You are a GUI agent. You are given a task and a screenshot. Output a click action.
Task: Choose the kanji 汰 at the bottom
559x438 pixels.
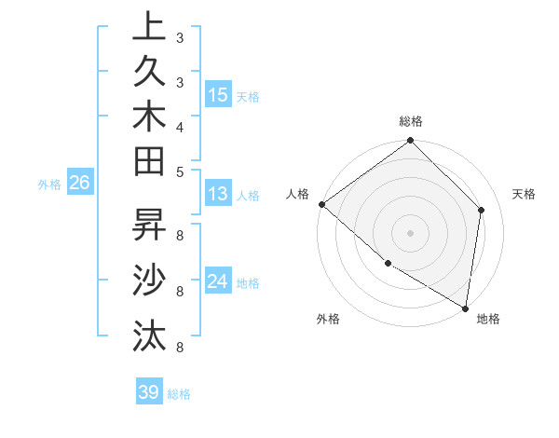point(149,333)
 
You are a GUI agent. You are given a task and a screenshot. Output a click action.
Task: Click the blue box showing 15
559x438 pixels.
point(218,94)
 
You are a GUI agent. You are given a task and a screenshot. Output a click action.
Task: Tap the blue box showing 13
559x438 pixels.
point(218,194)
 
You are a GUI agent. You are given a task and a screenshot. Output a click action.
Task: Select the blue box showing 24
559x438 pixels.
point(218,281)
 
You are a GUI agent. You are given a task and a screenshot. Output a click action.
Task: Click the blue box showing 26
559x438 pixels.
point(79,183)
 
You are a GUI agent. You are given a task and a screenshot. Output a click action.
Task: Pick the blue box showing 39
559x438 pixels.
point(148,392)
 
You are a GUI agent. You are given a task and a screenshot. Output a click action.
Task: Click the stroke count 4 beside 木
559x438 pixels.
point(180,126)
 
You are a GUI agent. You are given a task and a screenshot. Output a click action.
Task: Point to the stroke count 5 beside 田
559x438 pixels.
point(180,171)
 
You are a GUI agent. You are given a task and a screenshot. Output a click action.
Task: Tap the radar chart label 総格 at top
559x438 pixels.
point(411,121)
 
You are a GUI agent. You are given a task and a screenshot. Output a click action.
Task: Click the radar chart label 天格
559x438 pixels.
point(524,194)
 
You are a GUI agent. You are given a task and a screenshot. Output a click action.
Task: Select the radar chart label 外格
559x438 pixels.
point(328,319)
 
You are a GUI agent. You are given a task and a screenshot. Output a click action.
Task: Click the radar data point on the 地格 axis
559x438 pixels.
point(465,308)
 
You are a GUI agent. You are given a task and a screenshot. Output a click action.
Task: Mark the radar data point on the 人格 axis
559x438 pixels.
point(321,204)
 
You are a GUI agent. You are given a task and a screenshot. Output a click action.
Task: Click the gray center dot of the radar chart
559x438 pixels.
point(410,232)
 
